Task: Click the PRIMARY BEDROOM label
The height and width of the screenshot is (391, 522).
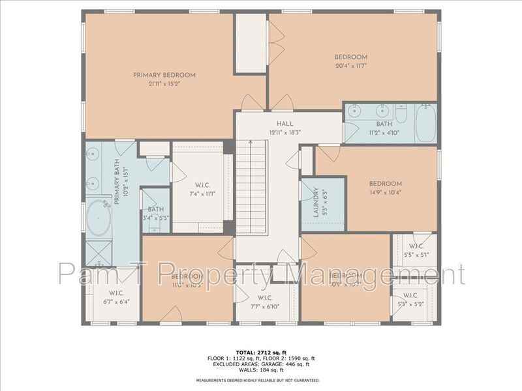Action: [164, 75]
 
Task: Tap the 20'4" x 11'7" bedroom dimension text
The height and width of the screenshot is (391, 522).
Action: [352, 65]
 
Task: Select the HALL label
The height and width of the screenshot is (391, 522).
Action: [284, 123]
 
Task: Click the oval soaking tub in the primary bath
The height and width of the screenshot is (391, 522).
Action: [99, 218]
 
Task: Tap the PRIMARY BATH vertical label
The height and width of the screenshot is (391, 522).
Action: [119, 187]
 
